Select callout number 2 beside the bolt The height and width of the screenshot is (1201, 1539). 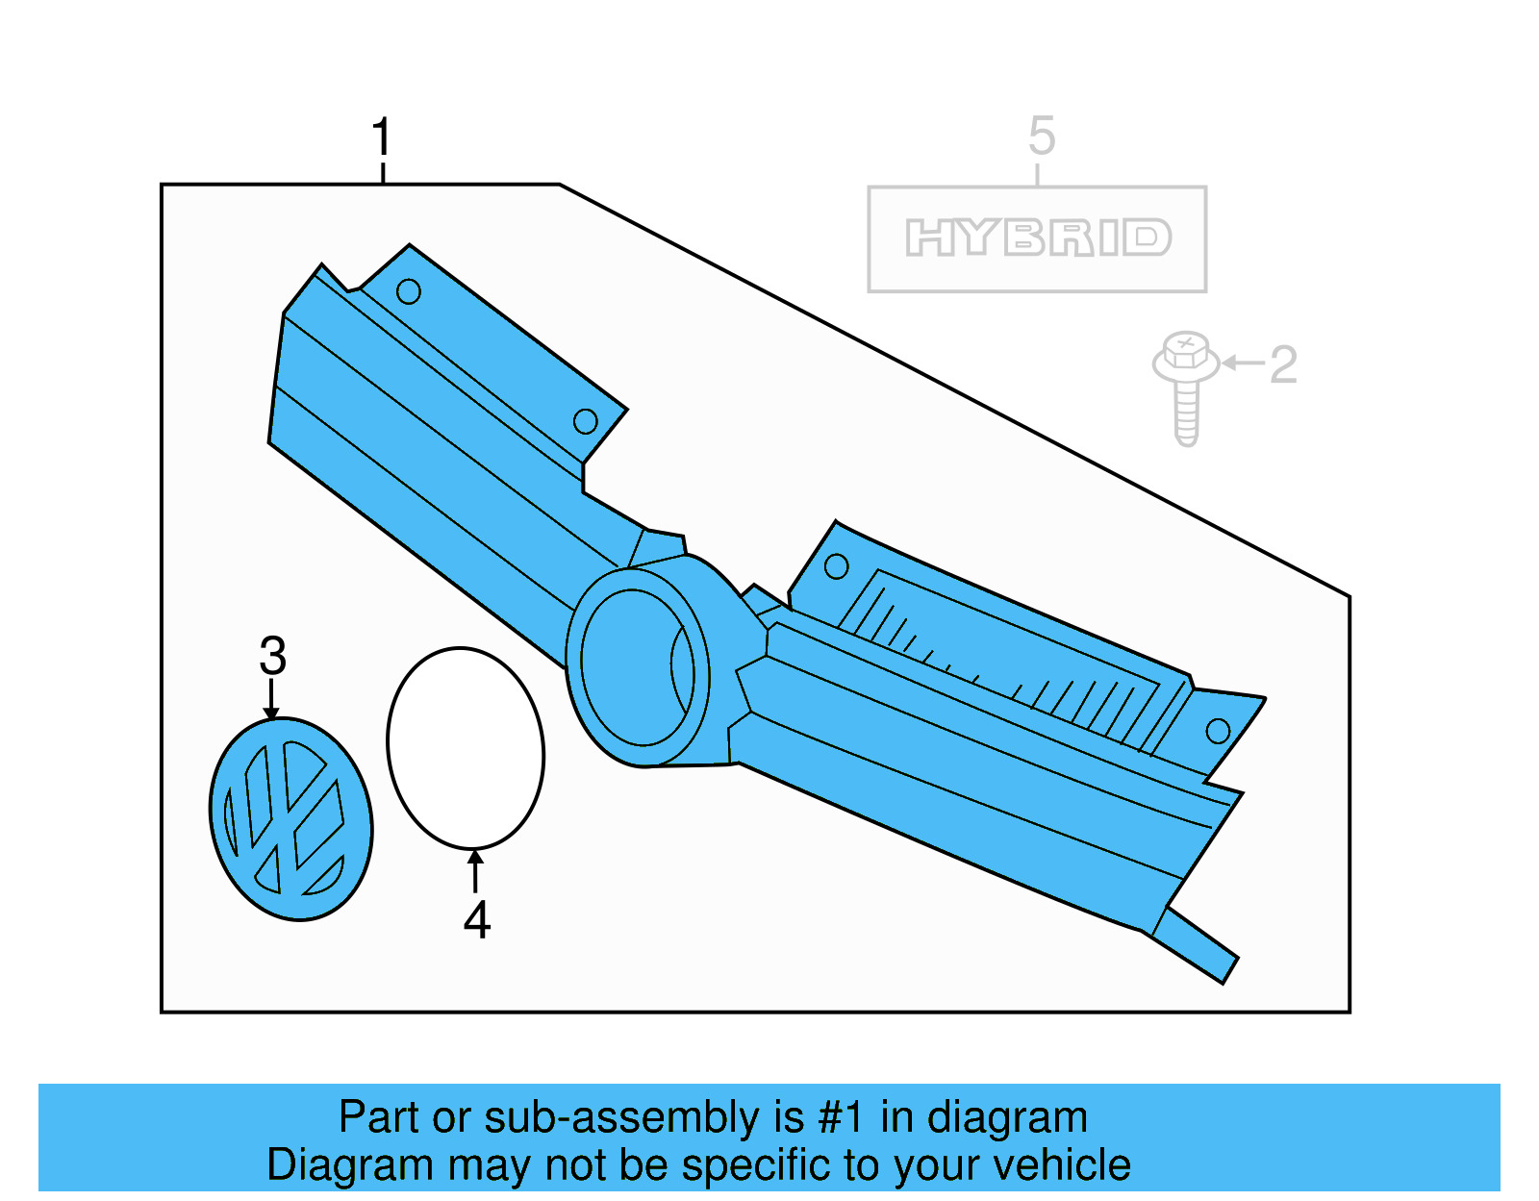[1283, 364]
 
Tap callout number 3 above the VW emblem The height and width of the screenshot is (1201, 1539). [272, 656]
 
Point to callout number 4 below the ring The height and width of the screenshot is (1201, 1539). [477, 920]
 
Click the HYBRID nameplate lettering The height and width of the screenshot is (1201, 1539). [1038, 238]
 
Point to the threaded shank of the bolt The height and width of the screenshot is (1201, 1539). [1186, 414]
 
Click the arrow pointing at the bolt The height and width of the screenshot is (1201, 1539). [1243, 363]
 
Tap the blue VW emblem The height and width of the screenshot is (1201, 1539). [290, 819]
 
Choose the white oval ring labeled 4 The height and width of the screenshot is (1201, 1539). [466, 747]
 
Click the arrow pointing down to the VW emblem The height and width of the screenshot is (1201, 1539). [271, 699]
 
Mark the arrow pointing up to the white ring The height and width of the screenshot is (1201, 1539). [475, 871]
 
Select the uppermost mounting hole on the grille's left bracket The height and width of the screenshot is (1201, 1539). [409, 291]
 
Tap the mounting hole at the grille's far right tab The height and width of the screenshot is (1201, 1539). [1218, 731]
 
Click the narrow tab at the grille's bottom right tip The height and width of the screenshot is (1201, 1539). [1196, 945]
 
